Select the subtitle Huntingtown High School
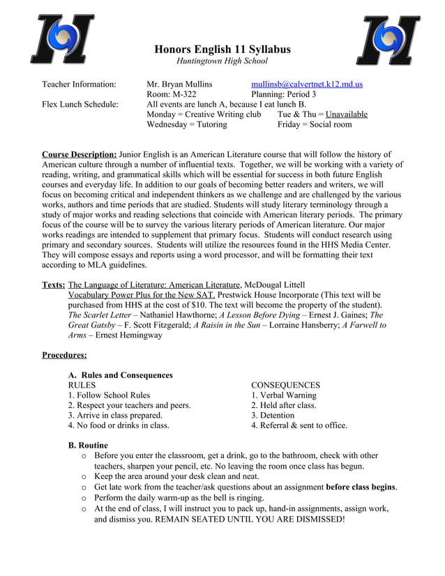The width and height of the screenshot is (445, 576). [217, 61]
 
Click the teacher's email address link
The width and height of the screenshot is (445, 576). [306, 84]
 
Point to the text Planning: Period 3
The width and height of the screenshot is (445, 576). [283, 94]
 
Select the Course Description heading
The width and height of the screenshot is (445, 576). [79, 154]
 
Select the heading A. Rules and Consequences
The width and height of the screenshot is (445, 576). [120, 375]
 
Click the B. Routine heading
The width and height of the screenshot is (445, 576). [88, 445]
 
